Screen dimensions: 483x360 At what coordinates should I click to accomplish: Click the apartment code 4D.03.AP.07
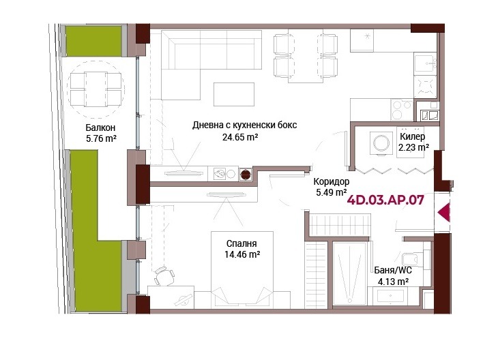click(x=385, y=200)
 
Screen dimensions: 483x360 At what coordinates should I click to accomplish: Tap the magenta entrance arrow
click(x=444, y=212)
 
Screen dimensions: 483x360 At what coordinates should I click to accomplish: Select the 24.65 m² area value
click(x=240, y=137)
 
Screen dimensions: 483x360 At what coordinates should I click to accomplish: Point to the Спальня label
click(x=241, y=243)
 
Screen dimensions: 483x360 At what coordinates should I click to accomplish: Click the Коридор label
click(x=332, y=181)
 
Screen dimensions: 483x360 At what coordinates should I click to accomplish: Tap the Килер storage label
click(x=413, y=136)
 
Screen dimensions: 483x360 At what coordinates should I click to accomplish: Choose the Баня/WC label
click(x=393, y=271)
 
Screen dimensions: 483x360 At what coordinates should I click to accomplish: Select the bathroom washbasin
click(x=390, y=297)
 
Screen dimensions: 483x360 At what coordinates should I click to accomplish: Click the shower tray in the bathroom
click(x=349, y=273)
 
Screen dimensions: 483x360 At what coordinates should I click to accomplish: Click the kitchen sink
click(x=426, y=63)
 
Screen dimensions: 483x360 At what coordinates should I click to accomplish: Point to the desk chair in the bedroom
click(x=164, y=276)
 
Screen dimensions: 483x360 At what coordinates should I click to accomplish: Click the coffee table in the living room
click(x=234, y=94)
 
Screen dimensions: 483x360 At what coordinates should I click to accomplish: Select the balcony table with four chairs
click(x=96, y=89)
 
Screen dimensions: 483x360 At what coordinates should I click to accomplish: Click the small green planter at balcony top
click(x=93, y=42)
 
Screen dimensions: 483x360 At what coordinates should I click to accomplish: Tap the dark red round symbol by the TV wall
click(x=246, y=175)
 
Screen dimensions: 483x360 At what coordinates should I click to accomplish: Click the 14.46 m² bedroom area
click(x=242, y=255)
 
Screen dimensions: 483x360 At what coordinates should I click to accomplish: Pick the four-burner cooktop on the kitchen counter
click(x=402, y=110)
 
